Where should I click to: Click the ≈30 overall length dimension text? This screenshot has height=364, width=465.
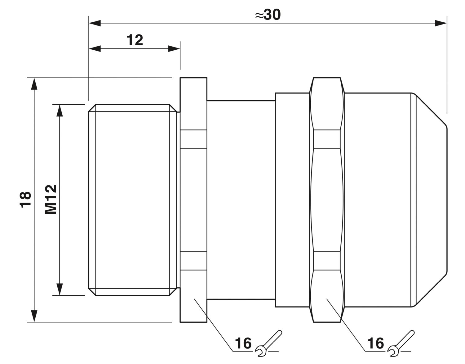268,15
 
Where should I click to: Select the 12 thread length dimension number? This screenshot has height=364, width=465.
135,40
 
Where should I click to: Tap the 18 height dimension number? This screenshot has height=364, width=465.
25,200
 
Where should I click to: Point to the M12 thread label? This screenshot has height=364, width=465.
51,199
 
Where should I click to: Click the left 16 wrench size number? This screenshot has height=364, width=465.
243,343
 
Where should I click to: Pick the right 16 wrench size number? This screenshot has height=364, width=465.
376,343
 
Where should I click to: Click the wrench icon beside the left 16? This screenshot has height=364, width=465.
268,344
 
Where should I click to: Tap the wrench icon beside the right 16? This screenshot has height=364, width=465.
401,344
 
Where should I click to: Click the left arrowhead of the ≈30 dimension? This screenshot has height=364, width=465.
95,23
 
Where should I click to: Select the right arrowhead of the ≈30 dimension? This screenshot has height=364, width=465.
441,23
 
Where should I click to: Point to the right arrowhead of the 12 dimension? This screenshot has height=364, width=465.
174,49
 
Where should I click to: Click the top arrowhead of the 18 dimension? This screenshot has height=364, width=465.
34,84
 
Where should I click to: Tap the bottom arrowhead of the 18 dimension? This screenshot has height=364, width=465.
34,316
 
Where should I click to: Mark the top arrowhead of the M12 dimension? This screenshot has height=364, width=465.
60,110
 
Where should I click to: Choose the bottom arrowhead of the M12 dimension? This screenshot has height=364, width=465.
60,289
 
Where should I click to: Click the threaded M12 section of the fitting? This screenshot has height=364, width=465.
133,200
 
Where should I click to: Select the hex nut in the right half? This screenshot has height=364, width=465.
327,200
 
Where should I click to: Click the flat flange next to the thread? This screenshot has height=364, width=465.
193,200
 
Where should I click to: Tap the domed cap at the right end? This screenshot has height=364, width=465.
428,200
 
